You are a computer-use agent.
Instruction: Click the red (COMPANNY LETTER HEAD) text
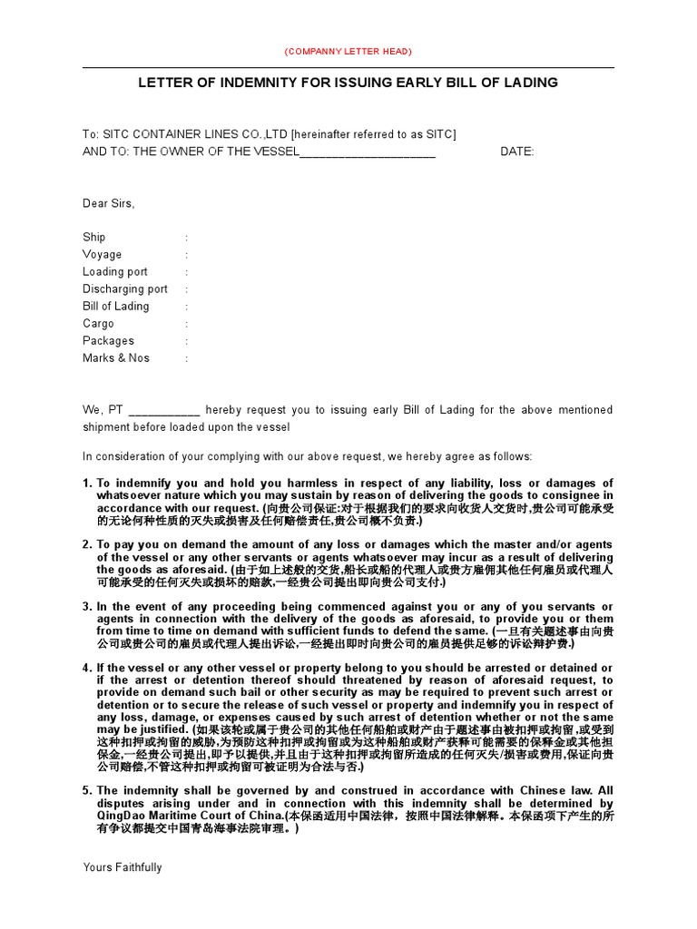[348, 51]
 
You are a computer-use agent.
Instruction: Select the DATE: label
[517, 152]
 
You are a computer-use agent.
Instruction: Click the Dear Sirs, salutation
[108, 203]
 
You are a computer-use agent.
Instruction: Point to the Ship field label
[94, 237]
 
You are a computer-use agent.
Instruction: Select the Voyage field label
[102, 254]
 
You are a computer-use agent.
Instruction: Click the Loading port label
[114, 271]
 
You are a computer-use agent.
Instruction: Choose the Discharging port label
[125, 288]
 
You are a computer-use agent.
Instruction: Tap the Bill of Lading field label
[115, 306]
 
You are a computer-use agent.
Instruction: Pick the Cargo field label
[98, 323]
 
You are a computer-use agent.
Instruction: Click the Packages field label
[108, 340]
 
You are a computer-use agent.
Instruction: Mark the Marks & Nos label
[115, 357]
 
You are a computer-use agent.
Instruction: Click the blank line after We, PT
[164, 410]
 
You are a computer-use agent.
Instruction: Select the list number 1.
[87, 483]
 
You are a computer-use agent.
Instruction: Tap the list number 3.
[87, 606]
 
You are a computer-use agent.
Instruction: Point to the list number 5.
[87, 790]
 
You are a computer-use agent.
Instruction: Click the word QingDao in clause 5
[119, 816]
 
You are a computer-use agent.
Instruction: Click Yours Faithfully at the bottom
[122, 867]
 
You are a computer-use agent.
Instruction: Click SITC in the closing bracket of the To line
[438, 134]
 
